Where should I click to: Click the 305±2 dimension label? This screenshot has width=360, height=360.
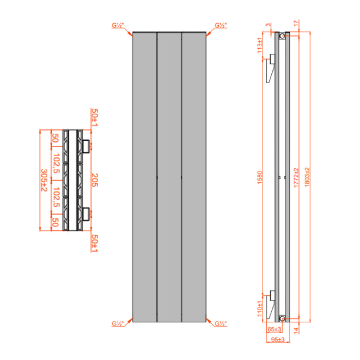44,180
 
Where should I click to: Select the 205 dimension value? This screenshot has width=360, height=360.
95,180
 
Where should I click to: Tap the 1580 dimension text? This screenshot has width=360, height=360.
260,177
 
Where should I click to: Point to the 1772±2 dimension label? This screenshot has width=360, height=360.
296,177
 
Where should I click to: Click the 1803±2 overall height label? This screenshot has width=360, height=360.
307,177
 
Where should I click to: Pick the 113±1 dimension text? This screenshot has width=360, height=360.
260,45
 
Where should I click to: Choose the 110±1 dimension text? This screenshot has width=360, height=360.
260,309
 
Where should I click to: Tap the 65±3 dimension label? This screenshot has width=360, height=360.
274,329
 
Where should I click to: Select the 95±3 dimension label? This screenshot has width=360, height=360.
278,339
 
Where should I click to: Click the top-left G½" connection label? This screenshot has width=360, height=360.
118,25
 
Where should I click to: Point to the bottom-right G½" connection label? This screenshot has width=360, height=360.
220,324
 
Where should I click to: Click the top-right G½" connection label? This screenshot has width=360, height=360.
220,25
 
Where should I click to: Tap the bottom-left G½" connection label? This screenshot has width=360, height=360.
118,324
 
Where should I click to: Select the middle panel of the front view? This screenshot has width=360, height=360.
170,177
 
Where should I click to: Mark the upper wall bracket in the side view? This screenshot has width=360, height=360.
270,68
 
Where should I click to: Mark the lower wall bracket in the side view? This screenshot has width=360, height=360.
270,305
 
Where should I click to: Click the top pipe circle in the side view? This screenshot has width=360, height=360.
282,36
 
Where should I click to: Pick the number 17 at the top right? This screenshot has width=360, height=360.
296,23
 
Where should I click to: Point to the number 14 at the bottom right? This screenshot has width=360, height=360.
296,330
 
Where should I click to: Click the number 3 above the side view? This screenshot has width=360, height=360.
268,25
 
